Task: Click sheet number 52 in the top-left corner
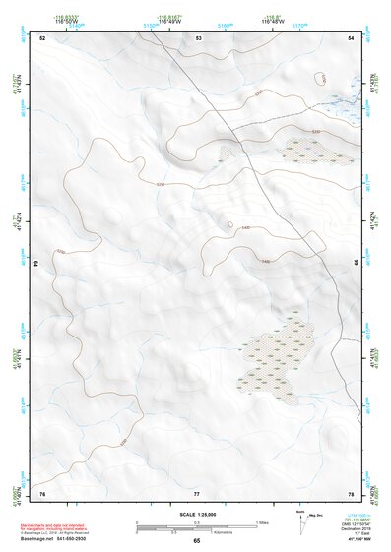point(42,37)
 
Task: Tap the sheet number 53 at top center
point(198,37)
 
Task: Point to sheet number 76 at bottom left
point(42,492)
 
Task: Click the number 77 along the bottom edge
point(197,492)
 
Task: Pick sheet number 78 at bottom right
point(352,492)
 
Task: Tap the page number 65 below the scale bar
point(196,541)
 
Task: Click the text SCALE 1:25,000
point(196,514)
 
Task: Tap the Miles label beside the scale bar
point(263,521)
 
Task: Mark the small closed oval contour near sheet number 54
point(319,78)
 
